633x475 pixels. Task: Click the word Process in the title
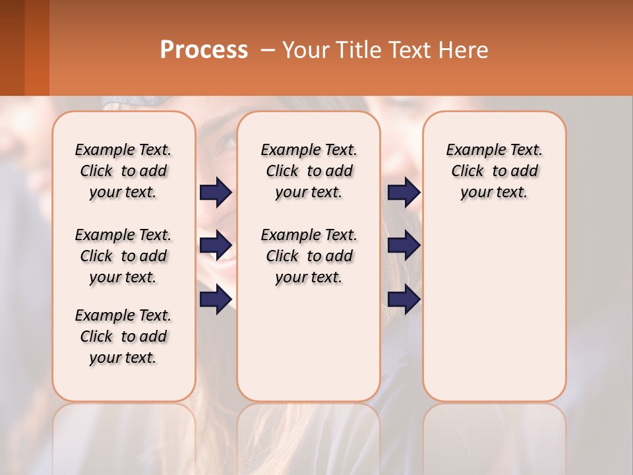(x=204, y=50)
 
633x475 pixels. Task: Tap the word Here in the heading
(x=464, y=50)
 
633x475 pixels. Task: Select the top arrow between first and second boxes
(x=216, y=193)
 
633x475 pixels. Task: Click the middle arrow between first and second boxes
(x=216, y=245)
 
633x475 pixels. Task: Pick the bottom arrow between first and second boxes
(x=216, y=300)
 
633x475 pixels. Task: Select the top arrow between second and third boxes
(x=404, y=193)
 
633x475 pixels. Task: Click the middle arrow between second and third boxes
(x=404, y=245)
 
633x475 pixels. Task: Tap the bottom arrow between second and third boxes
(x=404, y=300)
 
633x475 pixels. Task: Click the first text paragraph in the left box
(x=123, y=171)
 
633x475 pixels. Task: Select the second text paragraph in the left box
(x=123, y=256)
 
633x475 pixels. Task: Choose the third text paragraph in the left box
(x=123, y=336)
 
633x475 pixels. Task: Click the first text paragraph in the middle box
(x=309, y=171)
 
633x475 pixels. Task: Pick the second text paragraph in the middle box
(x=309, y=256)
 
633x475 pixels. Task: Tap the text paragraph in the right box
(x=495, y=171)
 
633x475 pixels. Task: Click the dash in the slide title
(x=268, y=50)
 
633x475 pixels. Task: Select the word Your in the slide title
(x=305, y=50)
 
